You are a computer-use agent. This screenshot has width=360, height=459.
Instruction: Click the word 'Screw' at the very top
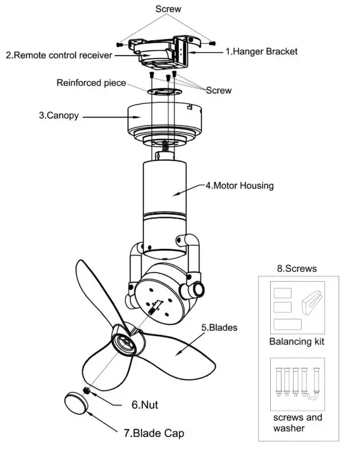click(x=168, y=9)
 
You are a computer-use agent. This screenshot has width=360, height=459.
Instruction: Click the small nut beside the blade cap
click(x=86, y=389)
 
